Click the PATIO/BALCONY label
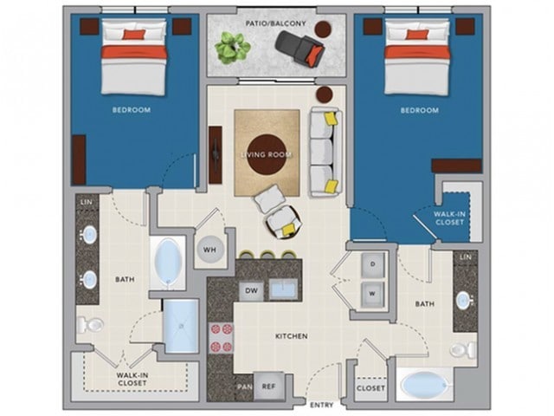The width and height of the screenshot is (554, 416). [275, 23]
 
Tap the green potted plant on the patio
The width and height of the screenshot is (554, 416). [233, 48]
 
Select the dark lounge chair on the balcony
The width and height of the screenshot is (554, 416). [300, 49]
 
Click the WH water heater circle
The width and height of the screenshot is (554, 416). [209, 250]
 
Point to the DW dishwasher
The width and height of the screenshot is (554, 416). [251, 291]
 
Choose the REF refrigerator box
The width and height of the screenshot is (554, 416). [268, 387]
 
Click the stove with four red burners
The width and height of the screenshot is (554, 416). [222, 338]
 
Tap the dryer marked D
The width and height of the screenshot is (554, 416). [372, 264]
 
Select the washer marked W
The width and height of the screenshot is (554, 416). [372, 294]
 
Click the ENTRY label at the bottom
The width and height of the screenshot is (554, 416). [321, 405]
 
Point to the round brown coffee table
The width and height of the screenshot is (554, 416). [267, 154]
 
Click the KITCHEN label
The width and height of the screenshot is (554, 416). [292, 336]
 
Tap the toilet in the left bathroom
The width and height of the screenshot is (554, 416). [90, 324]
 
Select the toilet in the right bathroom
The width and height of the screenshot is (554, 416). [463, 350]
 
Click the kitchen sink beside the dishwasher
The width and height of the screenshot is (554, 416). [284, 289]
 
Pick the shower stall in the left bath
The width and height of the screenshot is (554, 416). [182, 326]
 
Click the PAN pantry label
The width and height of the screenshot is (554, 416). [245, 387]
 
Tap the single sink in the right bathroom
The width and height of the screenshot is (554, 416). [464, 301]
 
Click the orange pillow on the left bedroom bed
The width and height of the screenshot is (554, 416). [134, 35]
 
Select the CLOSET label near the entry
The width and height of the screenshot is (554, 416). [370, 388]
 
